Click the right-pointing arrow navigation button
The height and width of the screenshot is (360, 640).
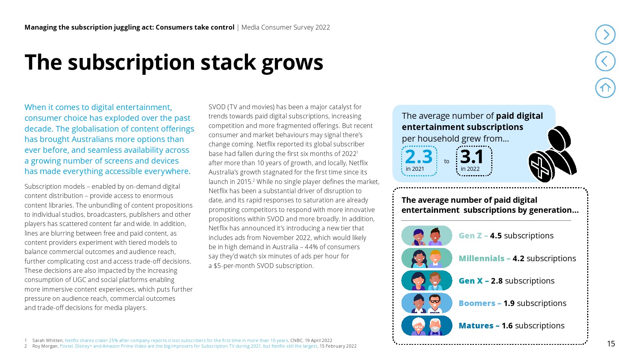(x=605, y=35)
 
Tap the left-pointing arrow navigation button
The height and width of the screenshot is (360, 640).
(x=605, y=61)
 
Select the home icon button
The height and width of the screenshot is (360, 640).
(x=605, y=88)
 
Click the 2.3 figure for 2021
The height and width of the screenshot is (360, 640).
(x=419, y=157)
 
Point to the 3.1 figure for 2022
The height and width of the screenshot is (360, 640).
(x=472, y=157)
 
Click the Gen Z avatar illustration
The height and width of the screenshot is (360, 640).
(x=427, y=236)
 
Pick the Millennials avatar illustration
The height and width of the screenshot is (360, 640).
(x=427, y=258)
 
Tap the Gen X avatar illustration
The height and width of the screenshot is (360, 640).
(x=427, y=281)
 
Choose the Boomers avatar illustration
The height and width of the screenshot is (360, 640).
(x=427, y=303)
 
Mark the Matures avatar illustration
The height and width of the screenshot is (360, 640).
(x=427, y=326)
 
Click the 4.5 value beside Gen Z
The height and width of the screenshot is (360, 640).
(x=496, y=236)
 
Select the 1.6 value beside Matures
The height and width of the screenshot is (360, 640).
(x=507, y=326)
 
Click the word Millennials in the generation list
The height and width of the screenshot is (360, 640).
(x=481, y=259)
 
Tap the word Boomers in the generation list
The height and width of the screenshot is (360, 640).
(x=477, y=304)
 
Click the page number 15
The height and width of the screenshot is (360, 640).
(x=611, y=344)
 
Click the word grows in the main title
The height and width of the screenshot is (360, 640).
(x=292, y=63)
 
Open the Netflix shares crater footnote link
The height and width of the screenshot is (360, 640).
(x=176, y=341)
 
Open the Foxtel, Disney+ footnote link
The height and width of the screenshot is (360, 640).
(x=188, y=346)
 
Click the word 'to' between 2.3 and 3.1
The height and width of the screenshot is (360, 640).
(x=447, y=162)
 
